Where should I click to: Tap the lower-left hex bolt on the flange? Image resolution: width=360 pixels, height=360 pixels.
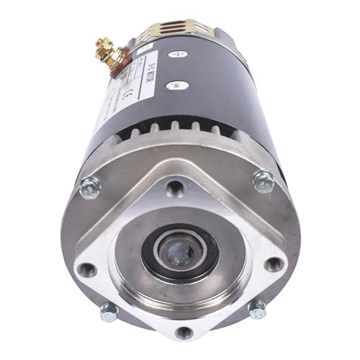tap(108, 312)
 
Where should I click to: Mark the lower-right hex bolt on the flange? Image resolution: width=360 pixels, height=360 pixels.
tap(257, 307)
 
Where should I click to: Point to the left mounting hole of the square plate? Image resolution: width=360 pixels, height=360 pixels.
tap(86, 270)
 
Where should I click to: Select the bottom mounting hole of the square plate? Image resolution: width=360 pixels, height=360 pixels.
tap(184, 332)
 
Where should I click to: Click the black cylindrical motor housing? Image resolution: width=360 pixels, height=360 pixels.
tap(216, 79)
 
